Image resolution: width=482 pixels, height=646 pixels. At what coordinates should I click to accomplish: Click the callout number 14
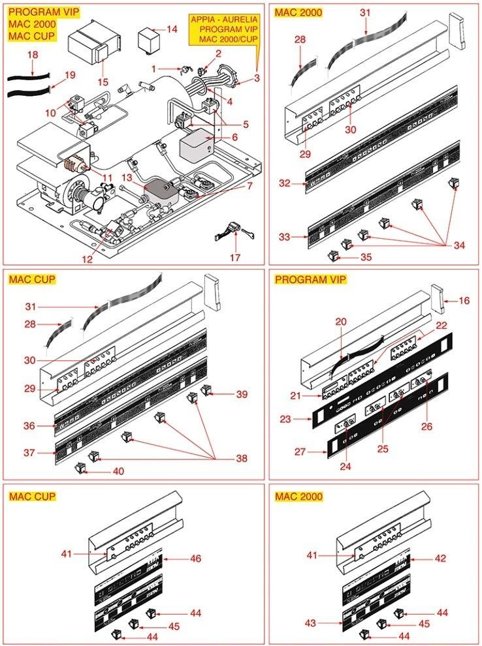(x=172, y=29)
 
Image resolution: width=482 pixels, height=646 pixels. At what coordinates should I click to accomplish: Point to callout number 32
(x=284, y=183)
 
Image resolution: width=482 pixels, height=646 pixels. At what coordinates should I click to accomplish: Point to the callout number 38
(x=242, y=459)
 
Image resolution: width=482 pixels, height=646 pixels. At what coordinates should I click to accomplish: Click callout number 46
(x=195, y=559)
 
